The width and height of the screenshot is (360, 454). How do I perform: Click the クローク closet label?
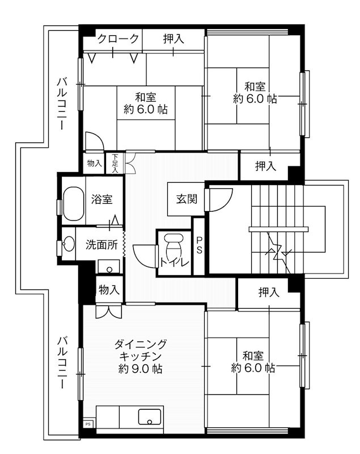click(118, 39)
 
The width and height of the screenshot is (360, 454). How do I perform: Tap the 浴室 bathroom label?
click(101, 199)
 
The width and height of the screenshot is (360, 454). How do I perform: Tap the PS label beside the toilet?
click(199, 246)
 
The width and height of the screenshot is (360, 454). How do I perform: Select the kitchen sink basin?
click(150, 421)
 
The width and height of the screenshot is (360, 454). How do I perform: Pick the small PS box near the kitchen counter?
click(88, 423)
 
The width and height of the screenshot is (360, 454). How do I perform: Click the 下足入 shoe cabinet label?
click(115, 163)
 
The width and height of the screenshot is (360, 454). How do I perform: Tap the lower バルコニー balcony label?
click(61, 361)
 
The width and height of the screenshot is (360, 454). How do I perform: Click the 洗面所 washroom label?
click(101, 245)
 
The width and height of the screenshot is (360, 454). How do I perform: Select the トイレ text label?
click(171, 262)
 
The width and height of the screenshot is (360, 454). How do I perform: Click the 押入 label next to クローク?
click(173, 39)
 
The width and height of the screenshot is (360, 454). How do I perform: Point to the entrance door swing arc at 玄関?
click(221, 199)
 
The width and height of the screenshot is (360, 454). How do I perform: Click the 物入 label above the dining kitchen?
click(109, 290)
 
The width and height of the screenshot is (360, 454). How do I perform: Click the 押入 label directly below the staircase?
click(269, 293)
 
